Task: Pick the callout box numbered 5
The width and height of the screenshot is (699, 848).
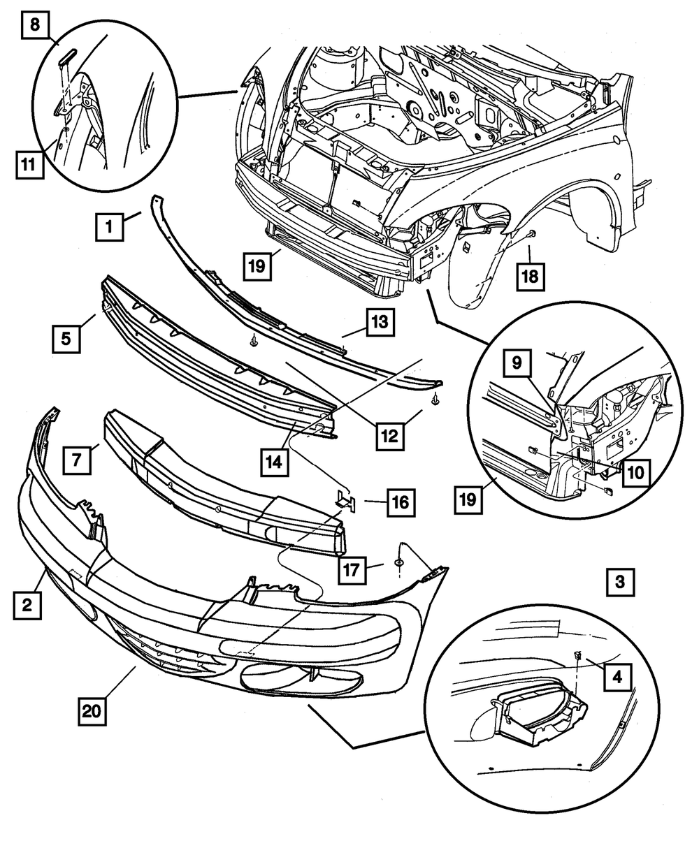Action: tap(65, 338)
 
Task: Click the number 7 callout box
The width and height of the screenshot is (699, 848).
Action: tap(76, 459)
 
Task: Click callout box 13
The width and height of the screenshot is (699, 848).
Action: tap(380, 323)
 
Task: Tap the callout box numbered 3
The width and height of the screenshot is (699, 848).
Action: tap(620, 581)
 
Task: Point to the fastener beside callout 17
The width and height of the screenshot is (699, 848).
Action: tap(398, 563)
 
